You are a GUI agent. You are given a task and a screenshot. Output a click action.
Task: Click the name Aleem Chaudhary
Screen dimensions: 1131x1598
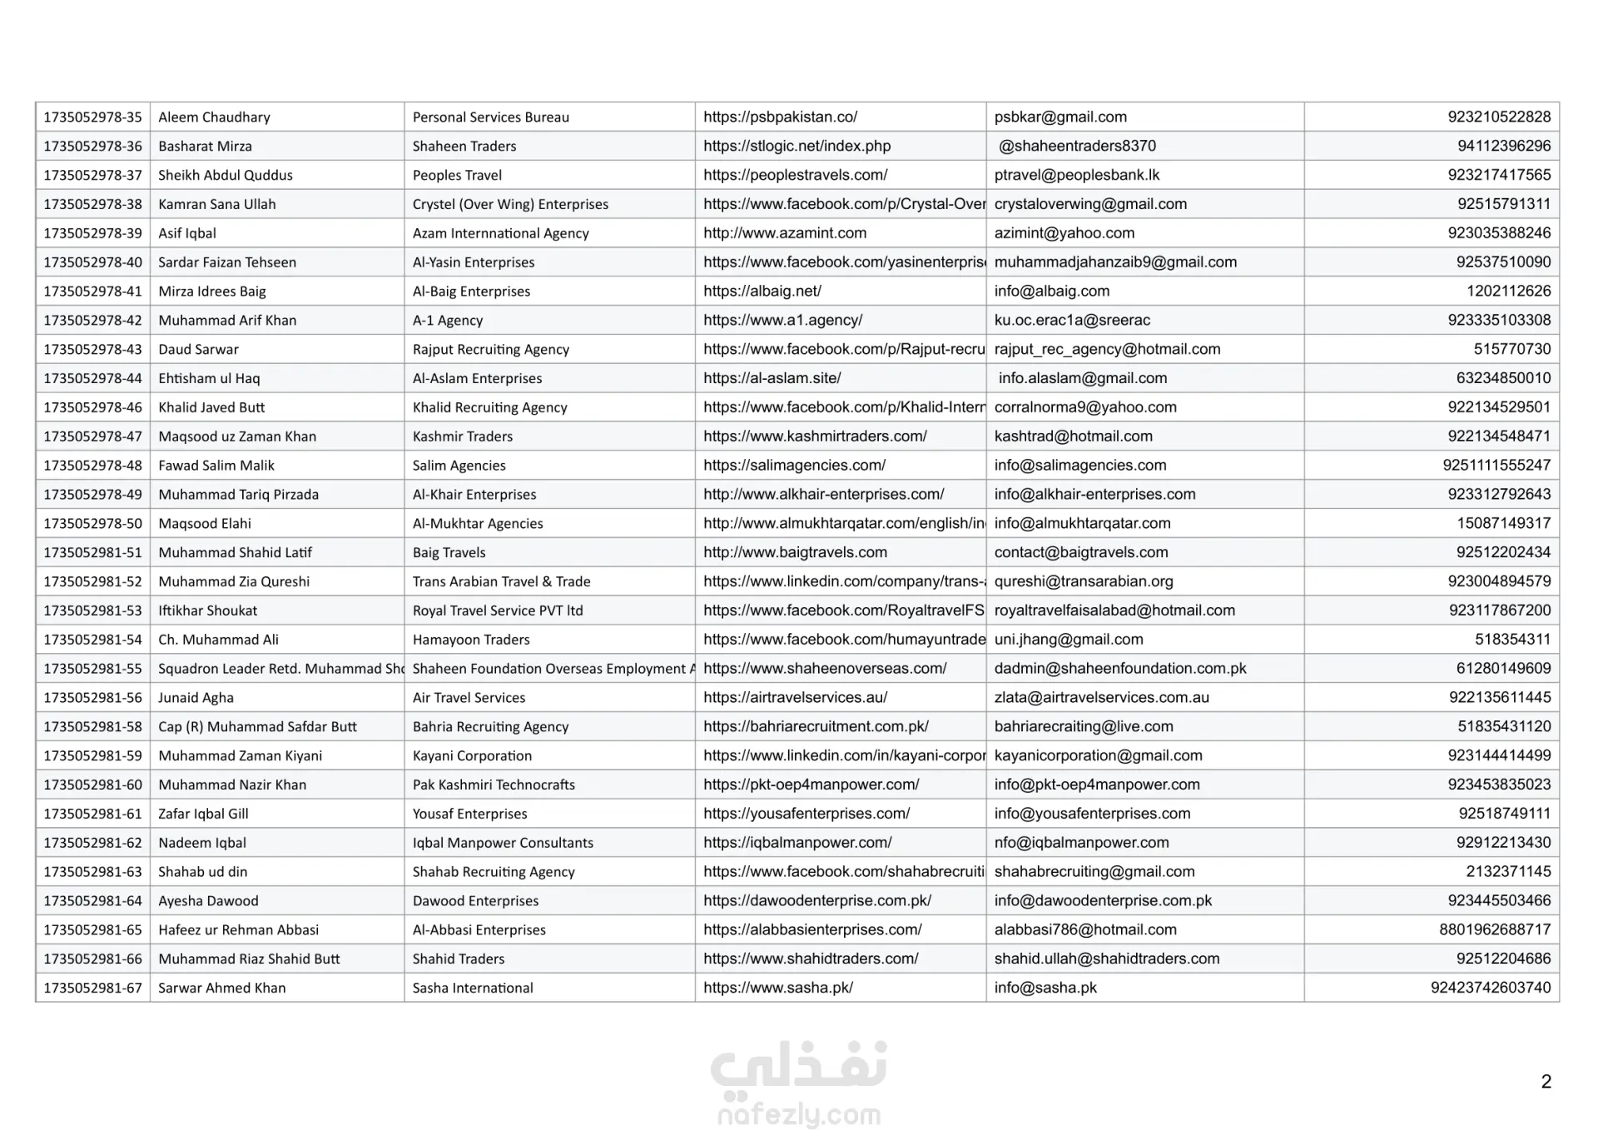(214, 117)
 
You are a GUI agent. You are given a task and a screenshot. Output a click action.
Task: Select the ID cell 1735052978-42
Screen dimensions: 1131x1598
(93, 321)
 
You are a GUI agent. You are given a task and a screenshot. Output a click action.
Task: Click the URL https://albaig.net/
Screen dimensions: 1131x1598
(762, 291)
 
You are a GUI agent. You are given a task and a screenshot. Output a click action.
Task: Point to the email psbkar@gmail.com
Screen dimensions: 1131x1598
(1060, 117)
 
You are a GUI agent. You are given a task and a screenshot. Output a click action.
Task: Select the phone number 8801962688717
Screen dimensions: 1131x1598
(1495, 929)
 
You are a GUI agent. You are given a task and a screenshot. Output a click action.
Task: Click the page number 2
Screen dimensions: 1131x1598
(1546, 1082)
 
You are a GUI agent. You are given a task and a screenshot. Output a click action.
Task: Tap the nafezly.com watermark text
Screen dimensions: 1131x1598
(798, 1114)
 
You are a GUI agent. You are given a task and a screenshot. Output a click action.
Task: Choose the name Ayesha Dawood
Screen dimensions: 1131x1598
(208, 901)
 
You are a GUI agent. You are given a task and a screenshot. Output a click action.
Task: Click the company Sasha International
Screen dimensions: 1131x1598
(473, 989)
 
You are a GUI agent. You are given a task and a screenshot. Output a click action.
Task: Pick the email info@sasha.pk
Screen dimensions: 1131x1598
(1045, 989)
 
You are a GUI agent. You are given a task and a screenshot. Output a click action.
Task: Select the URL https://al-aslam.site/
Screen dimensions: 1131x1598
(772, 379)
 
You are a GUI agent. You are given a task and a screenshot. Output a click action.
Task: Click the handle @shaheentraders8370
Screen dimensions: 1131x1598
(1077, 147)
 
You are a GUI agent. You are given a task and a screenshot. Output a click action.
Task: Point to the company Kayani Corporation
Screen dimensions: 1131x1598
(472, 756)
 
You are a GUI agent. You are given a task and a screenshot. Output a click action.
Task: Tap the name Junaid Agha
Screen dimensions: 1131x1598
(196, 698)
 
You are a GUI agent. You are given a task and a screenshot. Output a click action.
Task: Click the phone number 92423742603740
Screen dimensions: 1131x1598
(1491, 988)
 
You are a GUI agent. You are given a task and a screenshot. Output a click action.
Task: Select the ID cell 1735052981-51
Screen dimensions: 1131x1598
(93, 553)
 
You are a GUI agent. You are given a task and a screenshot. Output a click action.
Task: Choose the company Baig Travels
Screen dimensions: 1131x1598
(449, 553)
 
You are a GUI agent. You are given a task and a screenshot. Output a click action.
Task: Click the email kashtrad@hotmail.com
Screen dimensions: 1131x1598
(1073, 436)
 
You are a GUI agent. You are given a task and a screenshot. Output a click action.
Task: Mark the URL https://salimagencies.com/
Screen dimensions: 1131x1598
(794, 466)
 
